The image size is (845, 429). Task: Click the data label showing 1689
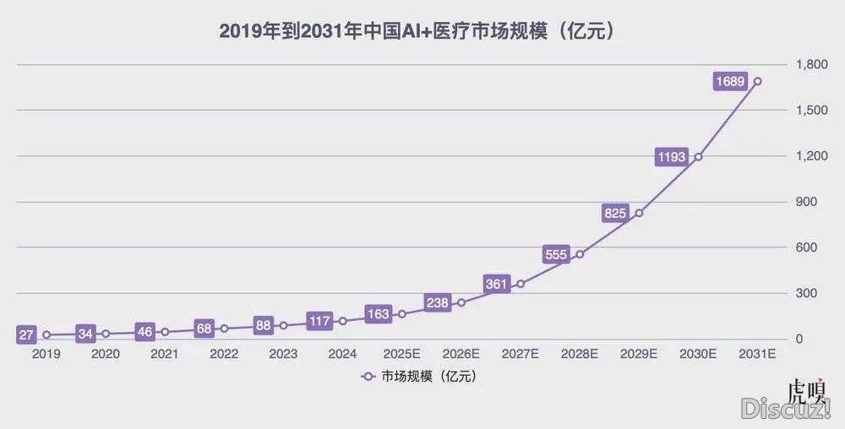pos(730,81)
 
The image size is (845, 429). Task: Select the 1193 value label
pos(672,156)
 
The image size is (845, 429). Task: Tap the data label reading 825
pos(614,213)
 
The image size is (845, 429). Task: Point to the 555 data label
pos(556,254)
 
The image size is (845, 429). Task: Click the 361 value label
pos(496,284)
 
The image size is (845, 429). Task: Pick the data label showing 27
pos(26,335)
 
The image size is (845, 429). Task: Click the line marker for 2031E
pos(757,81)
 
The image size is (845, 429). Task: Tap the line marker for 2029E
pos(639,213)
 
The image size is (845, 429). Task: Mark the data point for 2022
pos(224,329)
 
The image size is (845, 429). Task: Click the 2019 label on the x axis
pos(46,355)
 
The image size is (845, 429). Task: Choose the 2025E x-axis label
pos(401,355)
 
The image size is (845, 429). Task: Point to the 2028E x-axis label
pos(580,355)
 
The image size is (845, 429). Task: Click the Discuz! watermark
pos(786,410)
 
